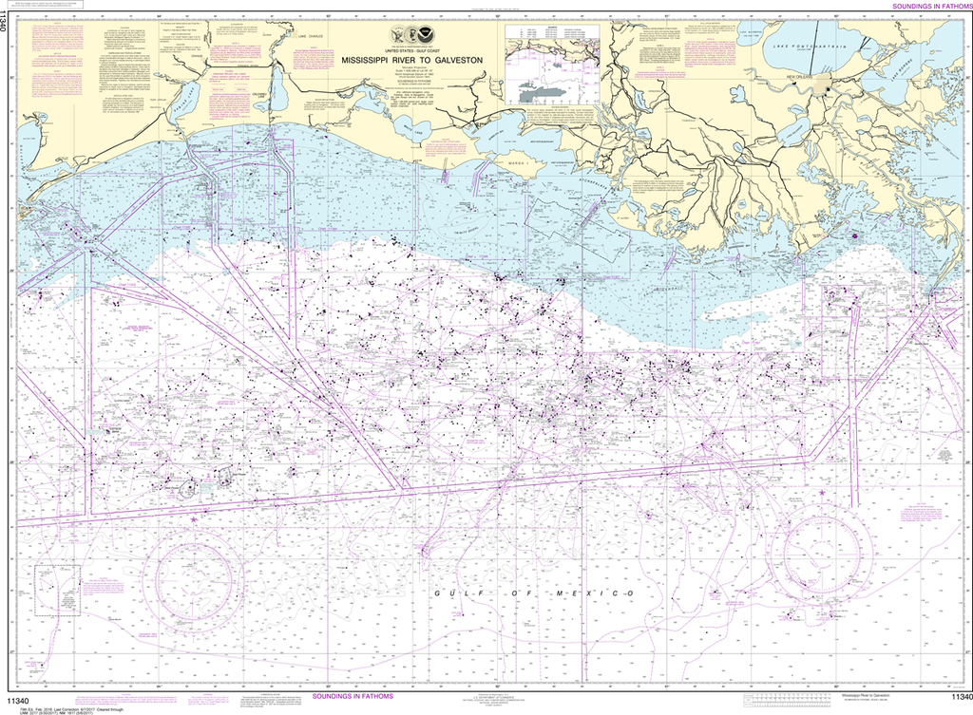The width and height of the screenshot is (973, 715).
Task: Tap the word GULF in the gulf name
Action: [455, 593]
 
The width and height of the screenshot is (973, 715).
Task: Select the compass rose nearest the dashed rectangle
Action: [193, 574]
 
